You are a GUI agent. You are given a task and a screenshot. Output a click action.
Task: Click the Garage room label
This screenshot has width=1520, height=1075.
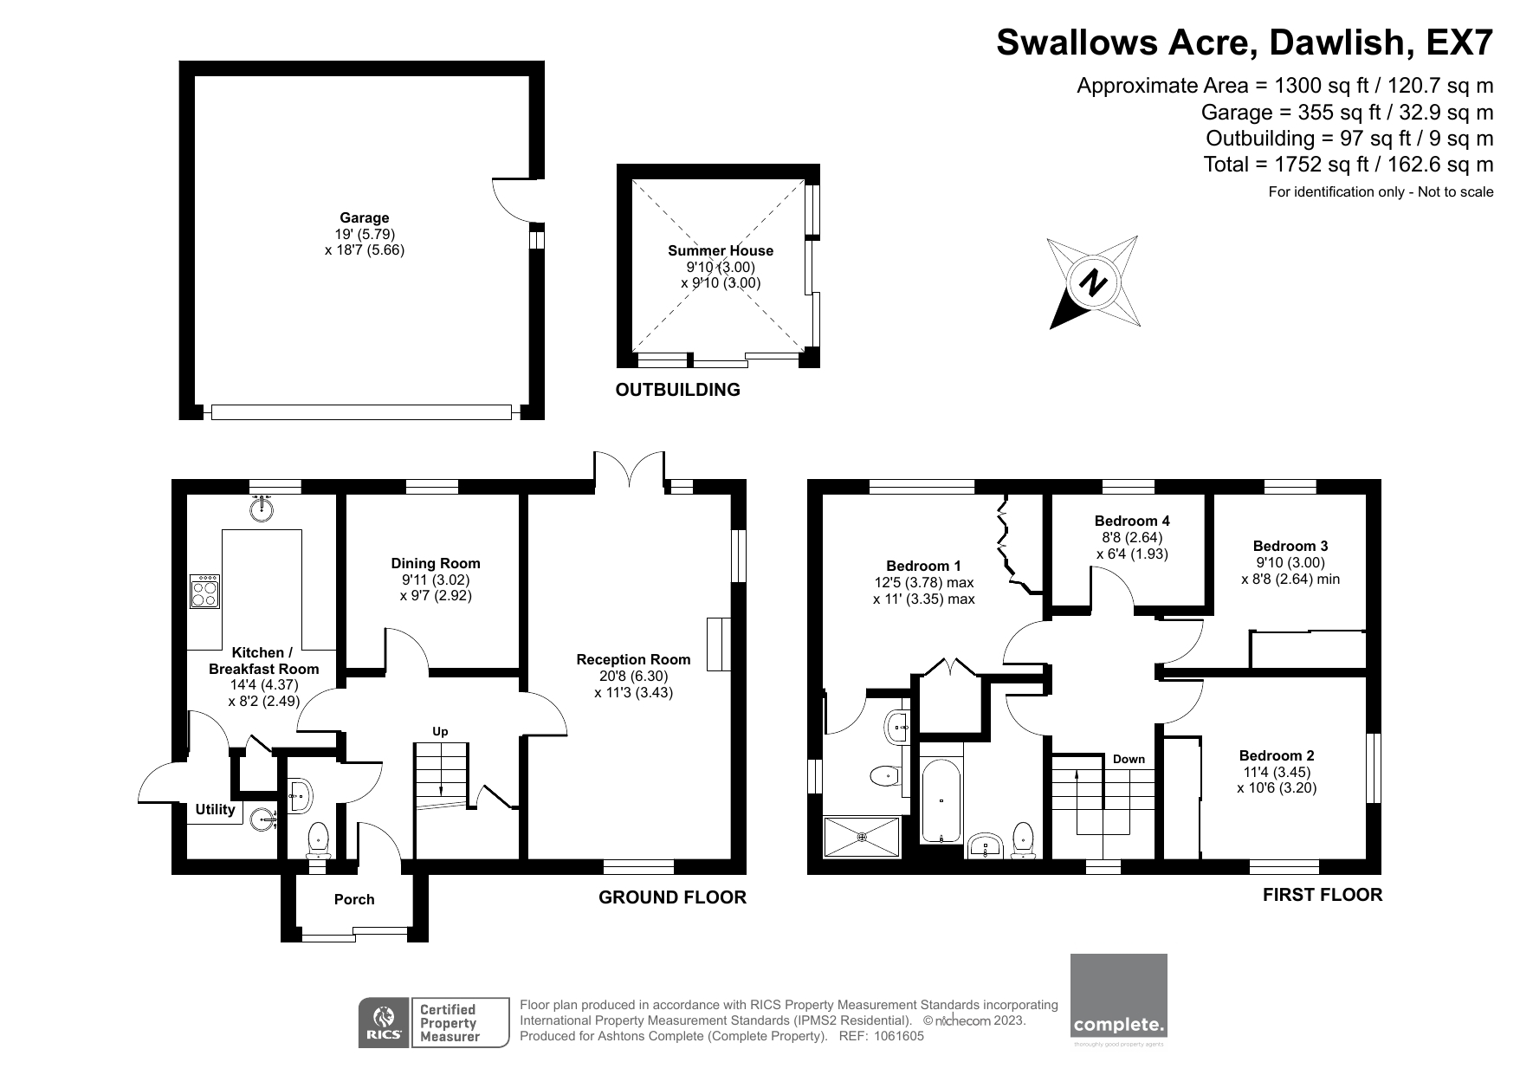click(x=364, y=218)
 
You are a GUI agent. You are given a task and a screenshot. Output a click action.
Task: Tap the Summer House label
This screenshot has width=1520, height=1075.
click(x=720, y=251)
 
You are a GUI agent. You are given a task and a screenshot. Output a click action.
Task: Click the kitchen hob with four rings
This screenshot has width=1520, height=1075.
click(x=204, y=593)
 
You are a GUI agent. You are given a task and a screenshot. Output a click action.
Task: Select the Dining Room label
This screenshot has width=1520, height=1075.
click(x=435, y=563)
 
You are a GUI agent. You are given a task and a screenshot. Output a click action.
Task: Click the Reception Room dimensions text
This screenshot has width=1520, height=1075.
click(x=633, y=684)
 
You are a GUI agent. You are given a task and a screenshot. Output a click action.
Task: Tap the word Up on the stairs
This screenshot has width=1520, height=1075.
click(x=440, y=732)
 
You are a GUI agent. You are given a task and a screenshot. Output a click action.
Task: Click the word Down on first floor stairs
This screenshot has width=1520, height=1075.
click(x=1129, y=759)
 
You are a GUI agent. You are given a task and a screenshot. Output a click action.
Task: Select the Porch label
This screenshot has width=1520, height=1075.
click(x=354, y=899)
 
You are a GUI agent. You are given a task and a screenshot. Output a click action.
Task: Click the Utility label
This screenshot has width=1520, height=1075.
click(x=215, y=809)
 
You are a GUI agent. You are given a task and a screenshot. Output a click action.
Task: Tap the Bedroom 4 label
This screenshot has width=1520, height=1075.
click(x=1132, y=521)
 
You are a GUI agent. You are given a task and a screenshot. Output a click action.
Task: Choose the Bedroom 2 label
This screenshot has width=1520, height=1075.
click(x=1277, y=755)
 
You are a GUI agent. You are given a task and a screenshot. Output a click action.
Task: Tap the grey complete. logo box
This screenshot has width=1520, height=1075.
click(x=1118, y=995)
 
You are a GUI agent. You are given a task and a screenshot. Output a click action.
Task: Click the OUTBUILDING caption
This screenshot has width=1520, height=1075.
click(x=677, y=390)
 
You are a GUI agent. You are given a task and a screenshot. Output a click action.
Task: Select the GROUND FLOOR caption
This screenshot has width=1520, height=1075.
click(x=672, y=897)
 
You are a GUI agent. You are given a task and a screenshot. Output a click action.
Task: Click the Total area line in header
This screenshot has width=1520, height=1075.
click(x=1348, y=165)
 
